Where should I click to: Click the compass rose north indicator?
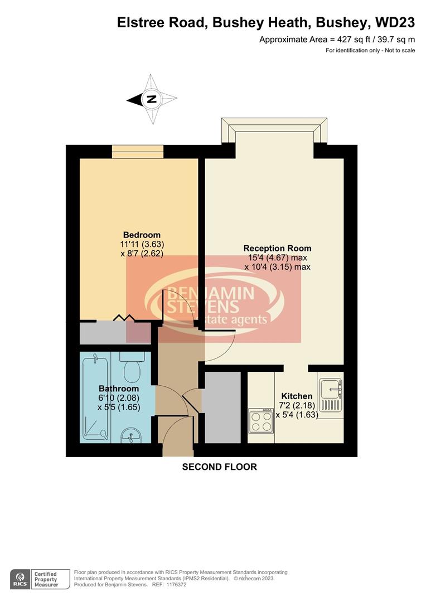[x=151, y=100]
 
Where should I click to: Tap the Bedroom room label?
[x=142, y=235]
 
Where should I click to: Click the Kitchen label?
[x=297, y=396]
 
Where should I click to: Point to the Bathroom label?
[x=119, y=389]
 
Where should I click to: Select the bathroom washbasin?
[x=130, y=434]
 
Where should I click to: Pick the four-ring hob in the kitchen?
[x=260, y=421]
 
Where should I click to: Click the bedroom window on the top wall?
[x=137, y=151]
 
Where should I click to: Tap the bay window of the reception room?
[x=274, y=130]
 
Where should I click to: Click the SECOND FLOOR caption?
[x=220, y=467]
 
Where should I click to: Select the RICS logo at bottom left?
[x=20, y=579]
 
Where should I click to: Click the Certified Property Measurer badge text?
[x=46, y=579]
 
